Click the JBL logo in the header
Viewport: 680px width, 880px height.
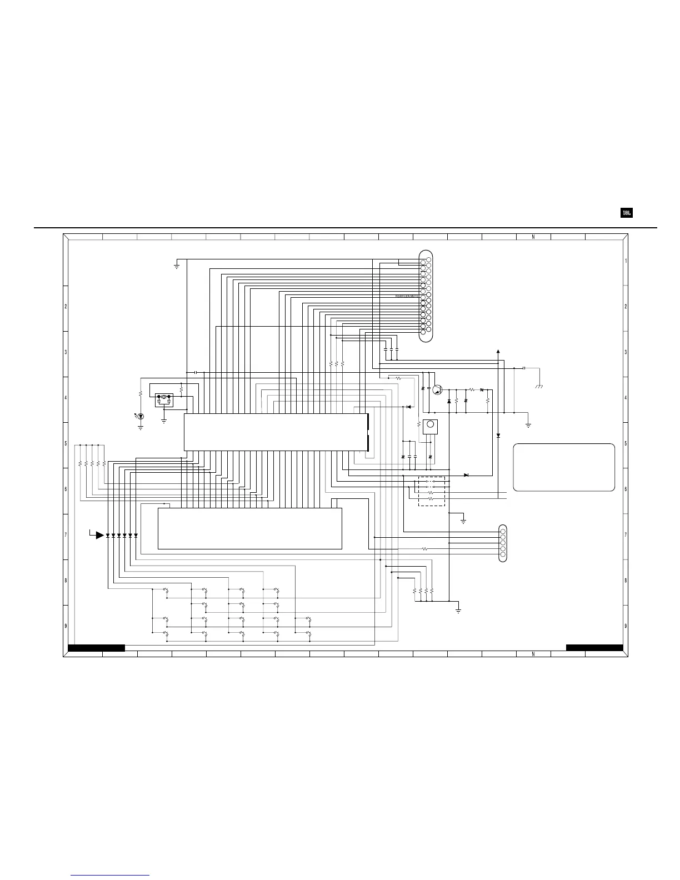(626, 213)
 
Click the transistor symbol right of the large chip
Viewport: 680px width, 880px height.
(437, 390)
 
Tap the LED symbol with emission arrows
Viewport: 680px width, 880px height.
(141, 416)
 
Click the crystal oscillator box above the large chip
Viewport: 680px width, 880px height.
(164, 398)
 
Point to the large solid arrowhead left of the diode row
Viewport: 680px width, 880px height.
(100, 535)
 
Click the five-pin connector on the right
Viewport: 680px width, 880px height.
(503, 543)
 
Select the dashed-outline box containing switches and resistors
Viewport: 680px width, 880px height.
(431, 491)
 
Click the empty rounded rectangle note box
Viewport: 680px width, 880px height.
(564, 467)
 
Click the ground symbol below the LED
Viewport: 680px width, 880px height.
(141, 427)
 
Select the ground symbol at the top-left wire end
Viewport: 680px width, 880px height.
(176, 266)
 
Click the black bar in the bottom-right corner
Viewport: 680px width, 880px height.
(594, 647)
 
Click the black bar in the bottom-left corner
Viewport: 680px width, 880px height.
(96, 647)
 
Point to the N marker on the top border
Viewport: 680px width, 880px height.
(533, 237)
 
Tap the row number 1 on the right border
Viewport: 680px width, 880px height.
(626, 261)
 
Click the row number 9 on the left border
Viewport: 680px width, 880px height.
(66, 626)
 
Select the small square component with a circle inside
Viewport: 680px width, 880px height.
(429, 427)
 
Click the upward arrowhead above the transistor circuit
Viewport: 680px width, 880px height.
(498, 352)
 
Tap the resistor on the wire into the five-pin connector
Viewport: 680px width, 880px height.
(425, 549)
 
